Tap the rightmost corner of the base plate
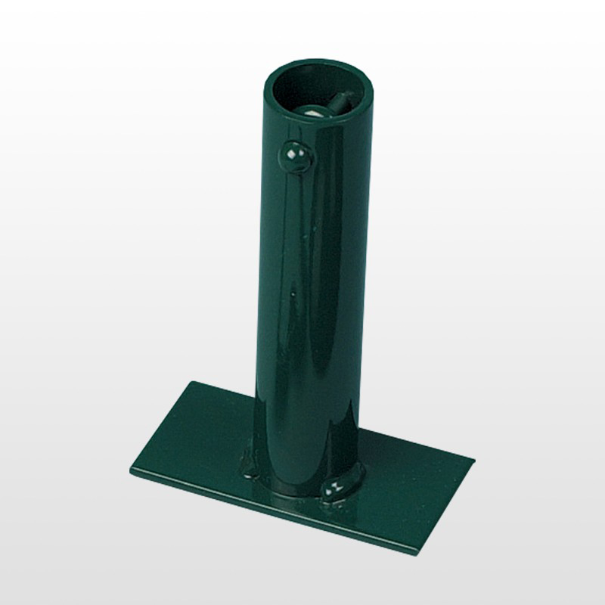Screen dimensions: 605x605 tap(476, 460)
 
